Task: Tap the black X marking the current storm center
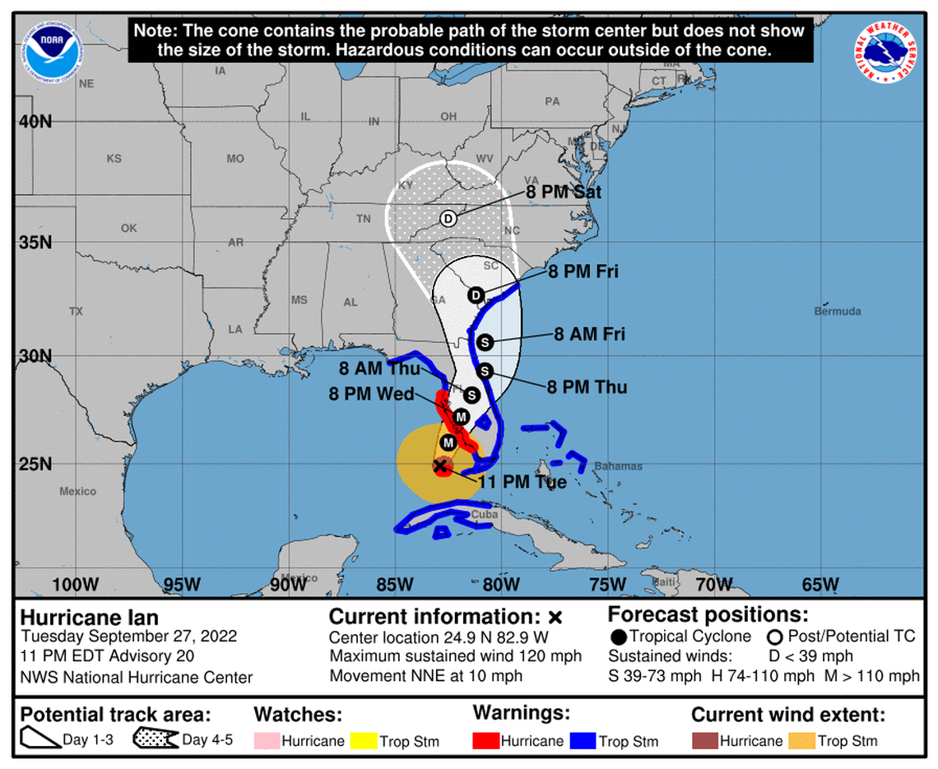coord(440,466)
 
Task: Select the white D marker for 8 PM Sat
coord(448,219)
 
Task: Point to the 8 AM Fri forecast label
coord(589,334)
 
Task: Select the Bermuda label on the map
coord(838,312)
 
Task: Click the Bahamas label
coord(618,466)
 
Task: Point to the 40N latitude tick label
coord(35,121)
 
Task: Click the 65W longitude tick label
coord(820,585)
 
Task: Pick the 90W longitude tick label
coord(288,585)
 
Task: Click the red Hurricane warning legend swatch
coord(486,741)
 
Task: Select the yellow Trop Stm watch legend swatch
coord(363,741)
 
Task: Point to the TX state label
coord(76,312)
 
